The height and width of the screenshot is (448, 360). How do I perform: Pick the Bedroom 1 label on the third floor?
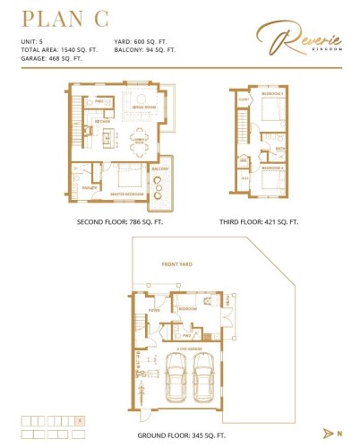point(273,93)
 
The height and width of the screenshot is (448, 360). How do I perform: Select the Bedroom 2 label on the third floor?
point(272,168)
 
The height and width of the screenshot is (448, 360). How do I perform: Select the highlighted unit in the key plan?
point(81,419)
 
